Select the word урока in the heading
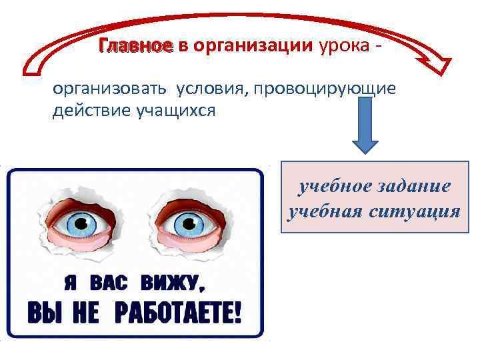pyautogui.click(x=346, y=46)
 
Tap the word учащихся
pyautogui.click(x=174, y=111)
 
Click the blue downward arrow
pyautogui.click(x=365, y=126)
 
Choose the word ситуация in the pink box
pyautogui.click(x=419, y=211)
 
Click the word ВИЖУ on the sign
pyautogui.click(x=171, y=285)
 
